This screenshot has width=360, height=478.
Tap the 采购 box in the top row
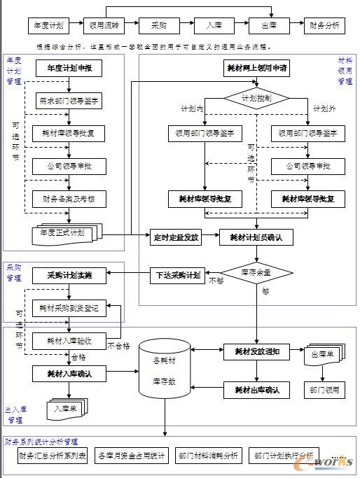(158, 25)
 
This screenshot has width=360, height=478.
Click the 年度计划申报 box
(69, 69)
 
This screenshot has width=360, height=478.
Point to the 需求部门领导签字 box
(68, 101)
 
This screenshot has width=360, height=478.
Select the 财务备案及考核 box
(68, 199)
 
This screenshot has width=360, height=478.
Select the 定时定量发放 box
(176, 237)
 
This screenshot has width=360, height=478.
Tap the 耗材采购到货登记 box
(69, 307)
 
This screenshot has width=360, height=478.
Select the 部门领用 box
(324, 389)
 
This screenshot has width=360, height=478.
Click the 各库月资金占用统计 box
(132, 456)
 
